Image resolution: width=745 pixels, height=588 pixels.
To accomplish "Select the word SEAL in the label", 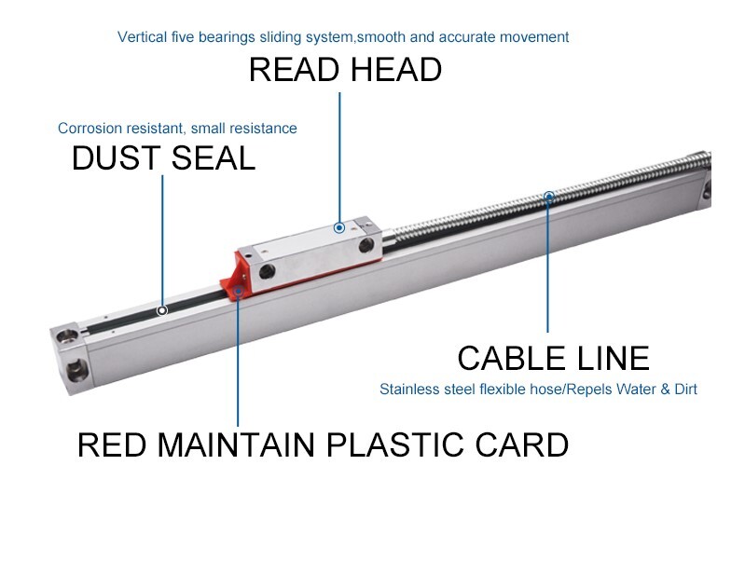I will (212, 158).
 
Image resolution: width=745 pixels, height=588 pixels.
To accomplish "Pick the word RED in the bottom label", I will (111, 444).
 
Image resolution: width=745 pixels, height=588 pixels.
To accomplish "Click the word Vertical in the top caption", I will (142, 37).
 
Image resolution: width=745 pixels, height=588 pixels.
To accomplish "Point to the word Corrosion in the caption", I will (90, 129).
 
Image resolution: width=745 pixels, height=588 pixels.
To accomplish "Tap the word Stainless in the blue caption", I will (407, 389).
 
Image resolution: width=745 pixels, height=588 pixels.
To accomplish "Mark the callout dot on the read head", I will (339, 227).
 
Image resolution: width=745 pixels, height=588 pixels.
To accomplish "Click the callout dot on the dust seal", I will (162, 310).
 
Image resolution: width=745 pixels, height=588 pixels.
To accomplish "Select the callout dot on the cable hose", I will (549, 197).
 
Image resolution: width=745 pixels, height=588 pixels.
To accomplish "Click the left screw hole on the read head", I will (269, 271).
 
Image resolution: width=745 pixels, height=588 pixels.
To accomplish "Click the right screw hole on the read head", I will (366, 244).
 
